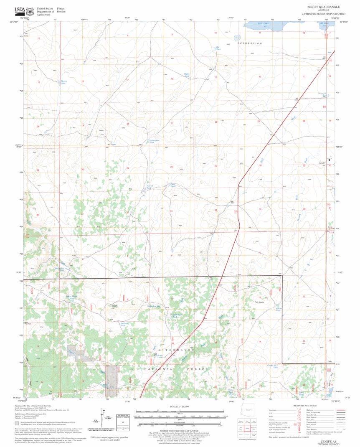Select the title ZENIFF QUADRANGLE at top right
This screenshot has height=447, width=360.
(323, 7)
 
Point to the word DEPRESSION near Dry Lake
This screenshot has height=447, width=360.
(249, 43)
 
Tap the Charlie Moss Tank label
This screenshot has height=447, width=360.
(59, 269)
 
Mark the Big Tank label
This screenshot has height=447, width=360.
(218, 48)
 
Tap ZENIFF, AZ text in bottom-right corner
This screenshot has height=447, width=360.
(328, 441)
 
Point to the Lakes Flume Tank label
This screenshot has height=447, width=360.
(71, 298)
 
